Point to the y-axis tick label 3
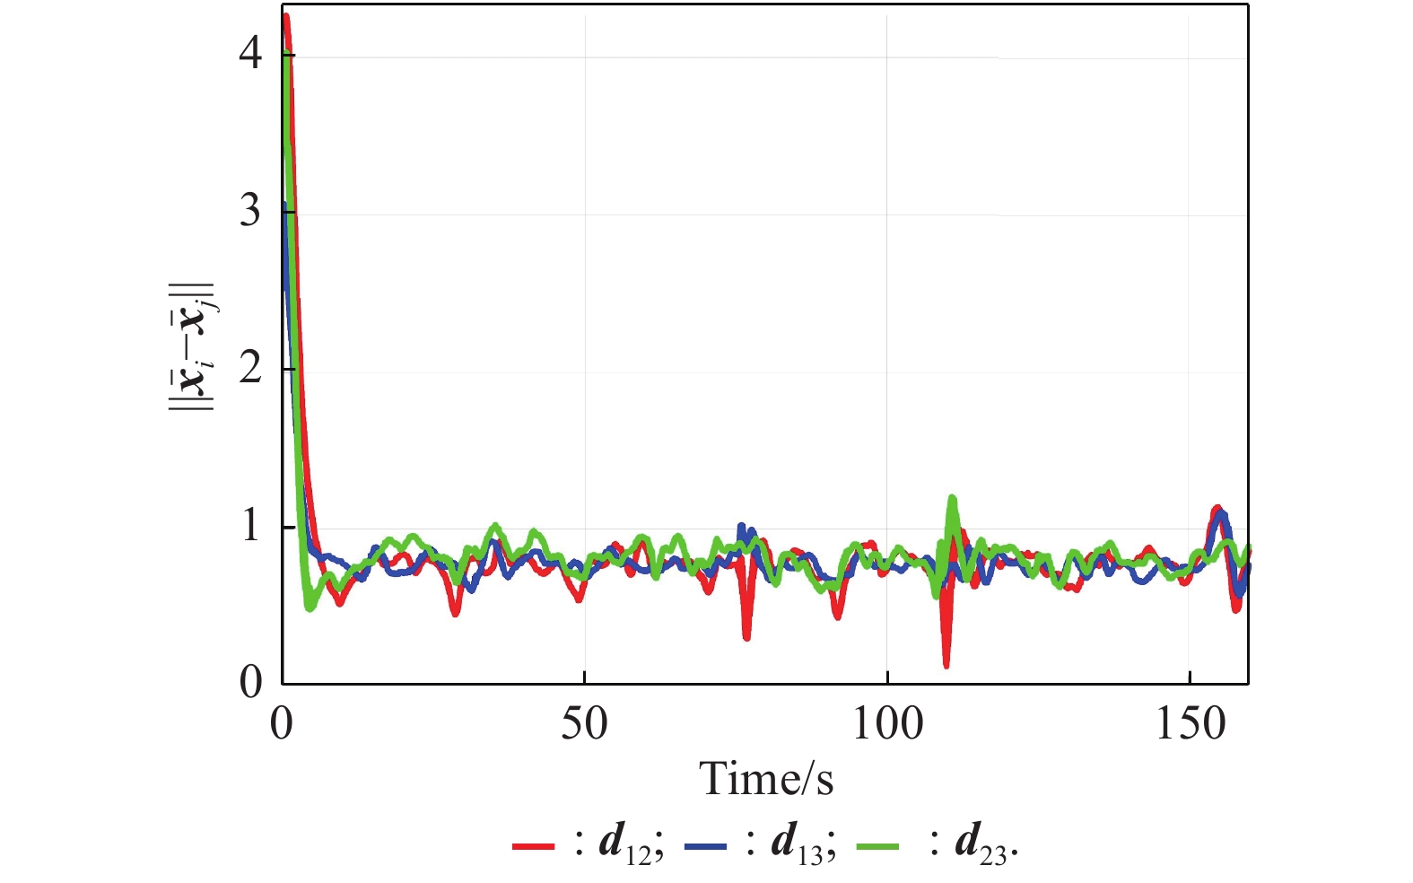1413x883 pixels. [x=250, y=212]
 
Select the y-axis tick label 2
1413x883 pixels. [x=250, y=369]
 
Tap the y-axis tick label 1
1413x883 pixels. [x=250, y=526]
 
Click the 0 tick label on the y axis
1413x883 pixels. [x=250, y=683]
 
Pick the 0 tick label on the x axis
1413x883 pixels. [x=282, y=724]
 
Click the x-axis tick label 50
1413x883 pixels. [x=584, y=724]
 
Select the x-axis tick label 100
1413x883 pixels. [x=886, y=724]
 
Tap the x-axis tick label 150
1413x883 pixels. [x=1189, y=724]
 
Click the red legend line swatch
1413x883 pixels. [x=533, y=845]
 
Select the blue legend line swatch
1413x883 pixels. [x=704, y=845]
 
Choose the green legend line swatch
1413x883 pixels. [x=877, y=845]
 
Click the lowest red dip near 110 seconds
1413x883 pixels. [x=946, y=665]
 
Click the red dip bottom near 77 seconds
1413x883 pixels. [x=746, y=637]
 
